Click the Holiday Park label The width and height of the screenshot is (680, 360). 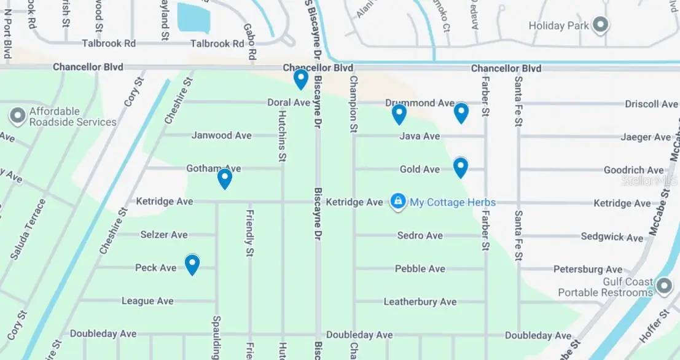pyautogui.click(x=558, y=26)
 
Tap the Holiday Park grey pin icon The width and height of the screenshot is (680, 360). pyautogui.click(x=601, y=25)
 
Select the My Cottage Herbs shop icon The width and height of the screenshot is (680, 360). pyautogui.click(x=398, y=202)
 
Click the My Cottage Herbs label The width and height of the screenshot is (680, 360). pyautogui.click(x=453, y=202)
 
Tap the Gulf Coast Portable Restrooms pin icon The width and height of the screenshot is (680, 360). pyautogui.click(x=663, y=286)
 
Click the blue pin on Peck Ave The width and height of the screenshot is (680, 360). pyautogui.click(x=192, y=264)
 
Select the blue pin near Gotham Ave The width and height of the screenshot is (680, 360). pyautogui.click(x=225, y=178)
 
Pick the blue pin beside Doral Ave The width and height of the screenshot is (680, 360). pyautogui.click(x=300, y=79)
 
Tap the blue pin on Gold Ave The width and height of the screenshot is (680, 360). pyautogui.click(x=460, y=167)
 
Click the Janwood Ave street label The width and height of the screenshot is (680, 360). pyautogui.click(x=222, y=135)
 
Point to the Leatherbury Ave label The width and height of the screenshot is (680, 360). pyautogui.click(x=420, y=302)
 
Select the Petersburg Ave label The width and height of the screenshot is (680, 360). pyautogui.click(x=588, y=269)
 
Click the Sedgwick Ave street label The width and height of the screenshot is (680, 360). pyautogui.click(x=612, y=237)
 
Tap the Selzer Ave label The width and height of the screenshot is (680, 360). pyautogui.click(x=164, y=235)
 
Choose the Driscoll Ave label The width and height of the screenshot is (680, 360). pyautogui.click(x=651, y=104)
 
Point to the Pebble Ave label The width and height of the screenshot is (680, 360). pyautogui.click(x=420, y=268)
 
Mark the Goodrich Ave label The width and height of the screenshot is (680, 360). pyautogui.click(x=633, y=170)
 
